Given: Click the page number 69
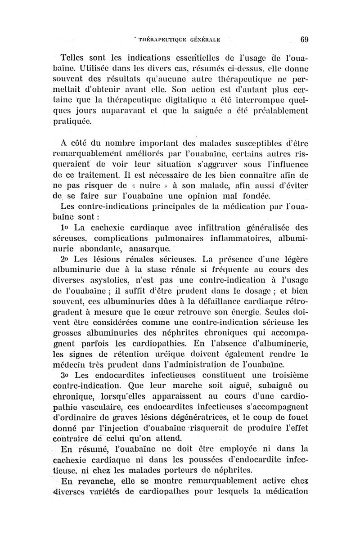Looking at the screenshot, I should coord(302,39).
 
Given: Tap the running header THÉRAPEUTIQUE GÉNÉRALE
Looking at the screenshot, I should coord(180,39).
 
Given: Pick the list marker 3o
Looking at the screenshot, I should coord(66,386).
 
